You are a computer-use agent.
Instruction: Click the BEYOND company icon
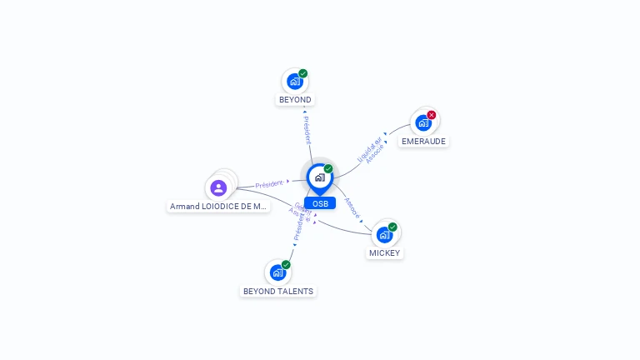294,81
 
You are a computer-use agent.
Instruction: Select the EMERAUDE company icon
423,123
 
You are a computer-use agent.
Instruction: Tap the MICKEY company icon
384,234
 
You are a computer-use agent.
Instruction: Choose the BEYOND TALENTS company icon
277,272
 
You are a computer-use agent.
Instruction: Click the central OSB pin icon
319,177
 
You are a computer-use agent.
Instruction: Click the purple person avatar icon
218,187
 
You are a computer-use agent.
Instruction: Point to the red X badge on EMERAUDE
432,115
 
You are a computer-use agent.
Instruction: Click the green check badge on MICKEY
392,227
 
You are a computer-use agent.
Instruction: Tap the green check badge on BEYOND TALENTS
286,264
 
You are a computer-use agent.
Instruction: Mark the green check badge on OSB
328,169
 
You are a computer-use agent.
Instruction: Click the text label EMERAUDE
423,142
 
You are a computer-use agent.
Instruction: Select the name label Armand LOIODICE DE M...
218,206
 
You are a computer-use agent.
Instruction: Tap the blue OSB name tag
320,203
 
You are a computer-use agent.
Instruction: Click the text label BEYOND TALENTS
278,292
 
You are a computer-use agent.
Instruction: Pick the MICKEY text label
384,252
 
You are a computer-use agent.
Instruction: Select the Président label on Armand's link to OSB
270,183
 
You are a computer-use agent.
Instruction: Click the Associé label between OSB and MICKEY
352,208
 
